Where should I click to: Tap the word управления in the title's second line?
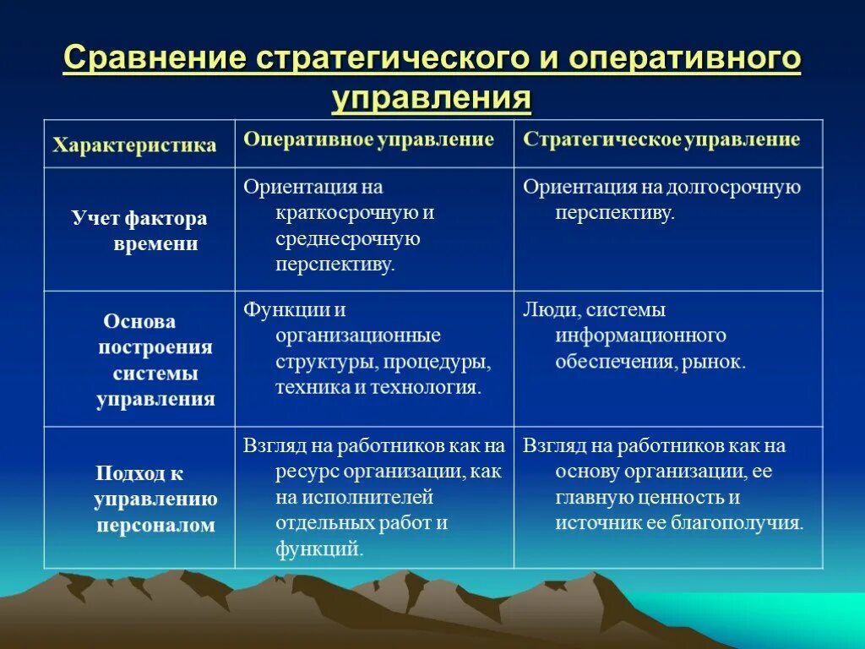pyautogui.click(x=432, y=98)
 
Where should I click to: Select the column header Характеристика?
pyautogui.click(x=134, y=145)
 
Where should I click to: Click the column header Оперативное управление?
pyautogui.click(x=368, y=139)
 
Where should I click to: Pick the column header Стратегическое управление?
pyautogui.click(x=661, y=139)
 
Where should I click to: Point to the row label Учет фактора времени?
pyautogui.click(x=140, y=232)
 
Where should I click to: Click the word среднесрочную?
pyautogui.click(x=347, y=238)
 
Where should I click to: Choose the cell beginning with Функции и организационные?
pyautogui.click(x=368, y=348)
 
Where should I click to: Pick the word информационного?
pyautogui.click(x=641, y=335)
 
